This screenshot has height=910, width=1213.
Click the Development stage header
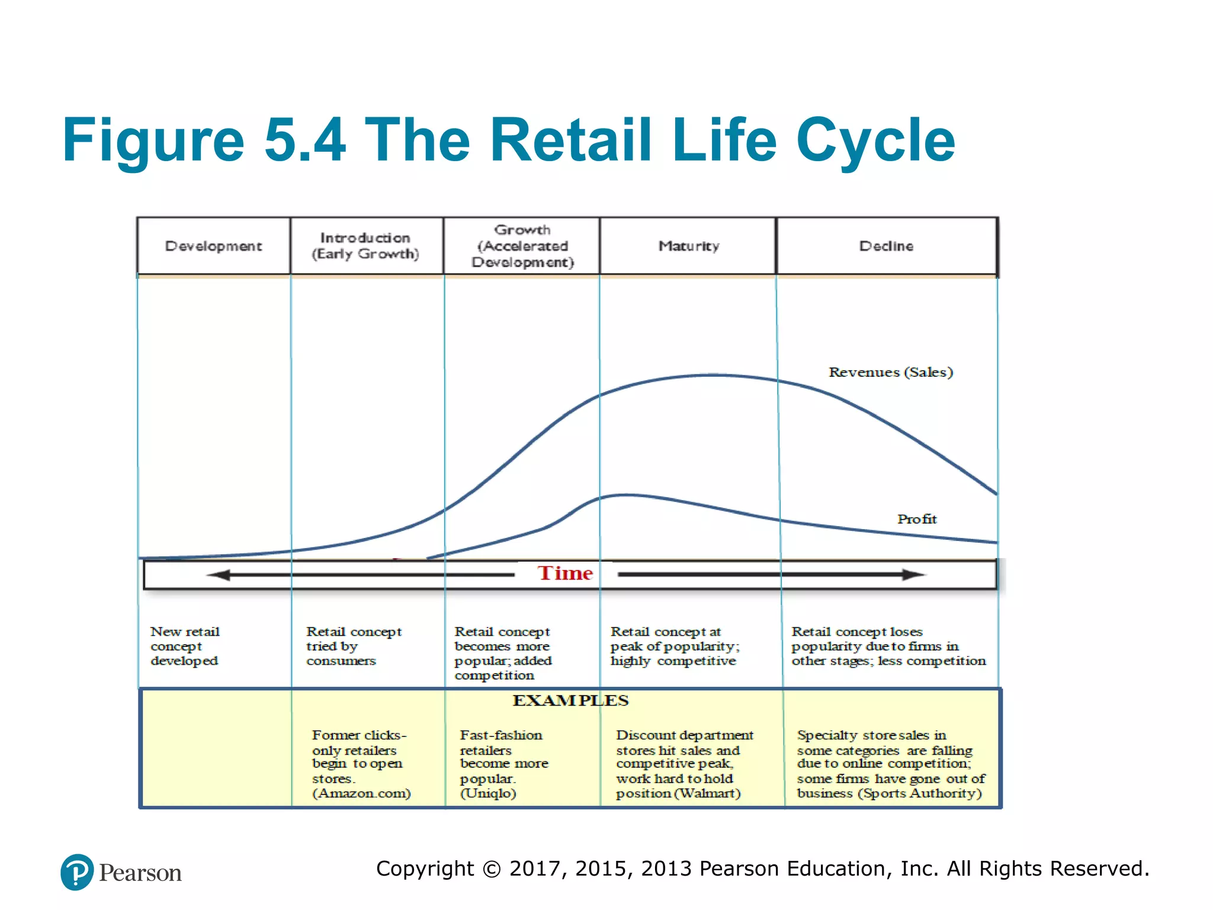tap(213, 246)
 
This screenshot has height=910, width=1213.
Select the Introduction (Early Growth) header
tap(365, 246)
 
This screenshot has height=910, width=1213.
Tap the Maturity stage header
tap(689, 246)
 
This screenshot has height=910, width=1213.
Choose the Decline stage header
tap(886, 246)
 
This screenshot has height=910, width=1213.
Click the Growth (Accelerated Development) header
tap(522, 246)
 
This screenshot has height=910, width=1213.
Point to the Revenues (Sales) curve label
tap(890, 372)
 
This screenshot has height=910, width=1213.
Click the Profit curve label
tap(917, 519)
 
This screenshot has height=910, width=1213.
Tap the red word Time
tap(565, 573)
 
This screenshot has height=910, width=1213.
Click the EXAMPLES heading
tap(570, 700)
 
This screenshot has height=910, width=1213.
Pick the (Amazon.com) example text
tap(361, 793)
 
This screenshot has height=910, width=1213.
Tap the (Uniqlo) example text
tap(488, 793)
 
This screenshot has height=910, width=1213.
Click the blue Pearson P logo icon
tap(77, 872)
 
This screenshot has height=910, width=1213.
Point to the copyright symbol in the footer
tap(492, 869)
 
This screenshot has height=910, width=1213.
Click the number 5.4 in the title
tap(304, 140)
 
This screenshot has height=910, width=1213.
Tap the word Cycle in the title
tap(875, 140)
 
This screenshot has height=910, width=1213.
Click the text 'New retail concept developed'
tap(185, 646)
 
